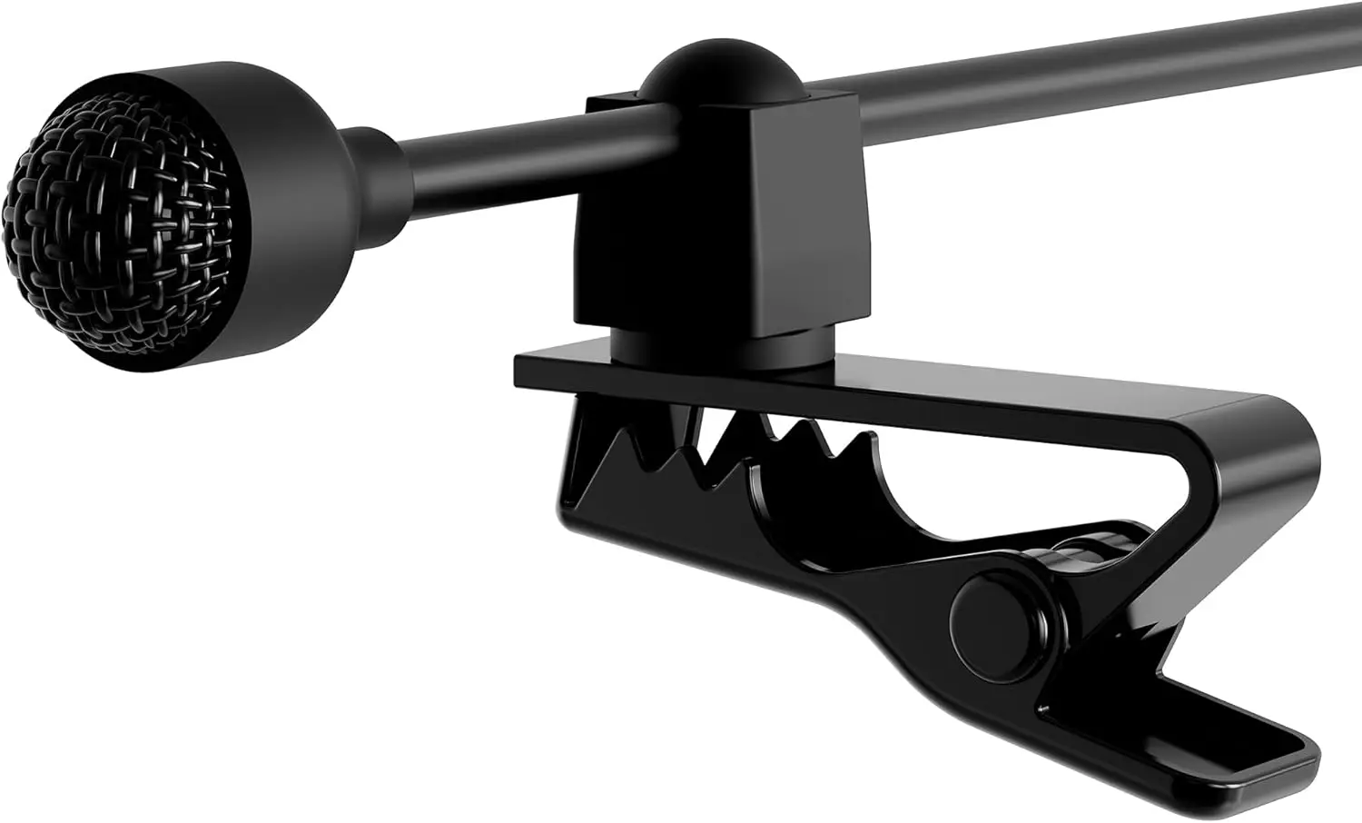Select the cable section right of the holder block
[1090, 55]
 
